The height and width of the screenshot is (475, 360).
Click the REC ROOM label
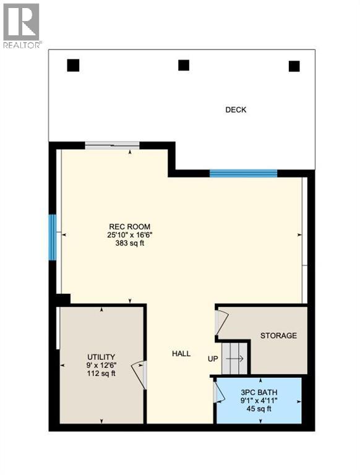(x=130, y=226)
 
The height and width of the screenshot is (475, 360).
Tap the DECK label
(x=236, y=110)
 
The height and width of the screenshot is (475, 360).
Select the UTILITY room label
(x=101, y=357)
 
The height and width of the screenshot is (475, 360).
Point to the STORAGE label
(x=278, y=336)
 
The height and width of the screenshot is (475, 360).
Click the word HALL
(x=181, y=354)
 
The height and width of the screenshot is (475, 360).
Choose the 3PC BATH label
(x=259, y=392)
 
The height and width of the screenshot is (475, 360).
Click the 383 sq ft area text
(x=130, y=243)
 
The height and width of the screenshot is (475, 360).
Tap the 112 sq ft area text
(x=101, y=373)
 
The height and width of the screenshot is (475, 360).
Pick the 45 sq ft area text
(x=259, y=408)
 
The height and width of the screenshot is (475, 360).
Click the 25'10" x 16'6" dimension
(x=130, y=235)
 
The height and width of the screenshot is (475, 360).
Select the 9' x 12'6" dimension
(x=101, y=365)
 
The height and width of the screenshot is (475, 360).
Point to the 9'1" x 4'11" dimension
(x=259, y=400)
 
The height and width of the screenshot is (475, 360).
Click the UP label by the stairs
(x=213, y=358)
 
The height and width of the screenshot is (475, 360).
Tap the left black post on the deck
(x=74, y=64)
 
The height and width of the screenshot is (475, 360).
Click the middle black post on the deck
(x=184, y=64)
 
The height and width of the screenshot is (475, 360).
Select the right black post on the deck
(x=294, y=66)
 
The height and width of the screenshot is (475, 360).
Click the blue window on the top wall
(x=243, y=173)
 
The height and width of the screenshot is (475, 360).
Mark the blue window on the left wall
(x=53, y=237)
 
